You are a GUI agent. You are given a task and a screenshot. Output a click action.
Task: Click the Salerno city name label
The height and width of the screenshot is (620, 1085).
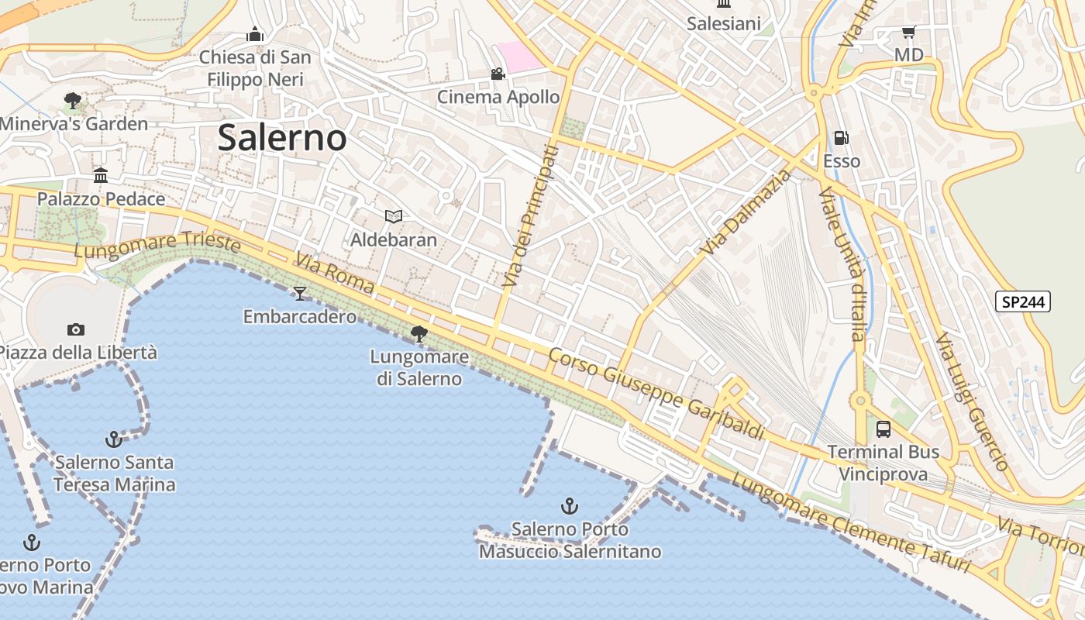[281, 138]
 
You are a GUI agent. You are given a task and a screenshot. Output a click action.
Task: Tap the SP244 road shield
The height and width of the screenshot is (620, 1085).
[1023, 301]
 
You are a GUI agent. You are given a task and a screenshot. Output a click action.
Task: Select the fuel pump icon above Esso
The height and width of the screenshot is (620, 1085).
[841, 139]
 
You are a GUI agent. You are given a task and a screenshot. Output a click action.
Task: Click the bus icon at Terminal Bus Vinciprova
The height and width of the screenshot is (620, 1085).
[883, 429]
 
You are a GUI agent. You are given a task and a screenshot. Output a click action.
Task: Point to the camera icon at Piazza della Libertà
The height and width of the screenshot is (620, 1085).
[75, 329]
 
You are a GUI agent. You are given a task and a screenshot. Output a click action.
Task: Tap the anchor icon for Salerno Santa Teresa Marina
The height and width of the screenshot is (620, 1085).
[114, 439]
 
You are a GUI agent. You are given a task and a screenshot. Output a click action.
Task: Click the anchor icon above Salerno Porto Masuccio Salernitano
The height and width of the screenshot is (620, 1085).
[570, 507]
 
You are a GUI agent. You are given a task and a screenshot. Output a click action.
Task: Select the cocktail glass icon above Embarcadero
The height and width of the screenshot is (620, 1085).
[300, 293]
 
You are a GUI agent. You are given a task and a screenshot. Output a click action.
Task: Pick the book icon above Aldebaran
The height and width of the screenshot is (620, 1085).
[394, 216]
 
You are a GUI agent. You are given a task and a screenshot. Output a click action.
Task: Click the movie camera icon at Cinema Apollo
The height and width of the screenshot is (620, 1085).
[498, 74]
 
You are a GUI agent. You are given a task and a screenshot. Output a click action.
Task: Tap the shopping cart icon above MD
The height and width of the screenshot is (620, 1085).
[908, 32]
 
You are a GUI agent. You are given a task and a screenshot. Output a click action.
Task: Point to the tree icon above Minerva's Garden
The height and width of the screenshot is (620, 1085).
[73, 101]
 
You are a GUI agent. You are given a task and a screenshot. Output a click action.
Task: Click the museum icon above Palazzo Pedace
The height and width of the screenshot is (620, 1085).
[101, 176]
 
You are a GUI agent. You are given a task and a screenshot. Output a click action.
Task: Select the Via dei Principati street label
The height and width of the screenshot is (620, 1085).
[531, 217]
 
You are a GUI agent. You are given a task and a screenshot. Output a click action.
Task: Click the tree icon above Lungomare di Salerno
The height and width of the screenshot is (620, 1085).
[419, 334]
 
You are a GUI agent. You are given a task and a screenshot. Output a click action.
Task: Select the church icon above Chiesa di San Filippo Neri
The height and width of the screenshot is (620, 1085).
[255, 34]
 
